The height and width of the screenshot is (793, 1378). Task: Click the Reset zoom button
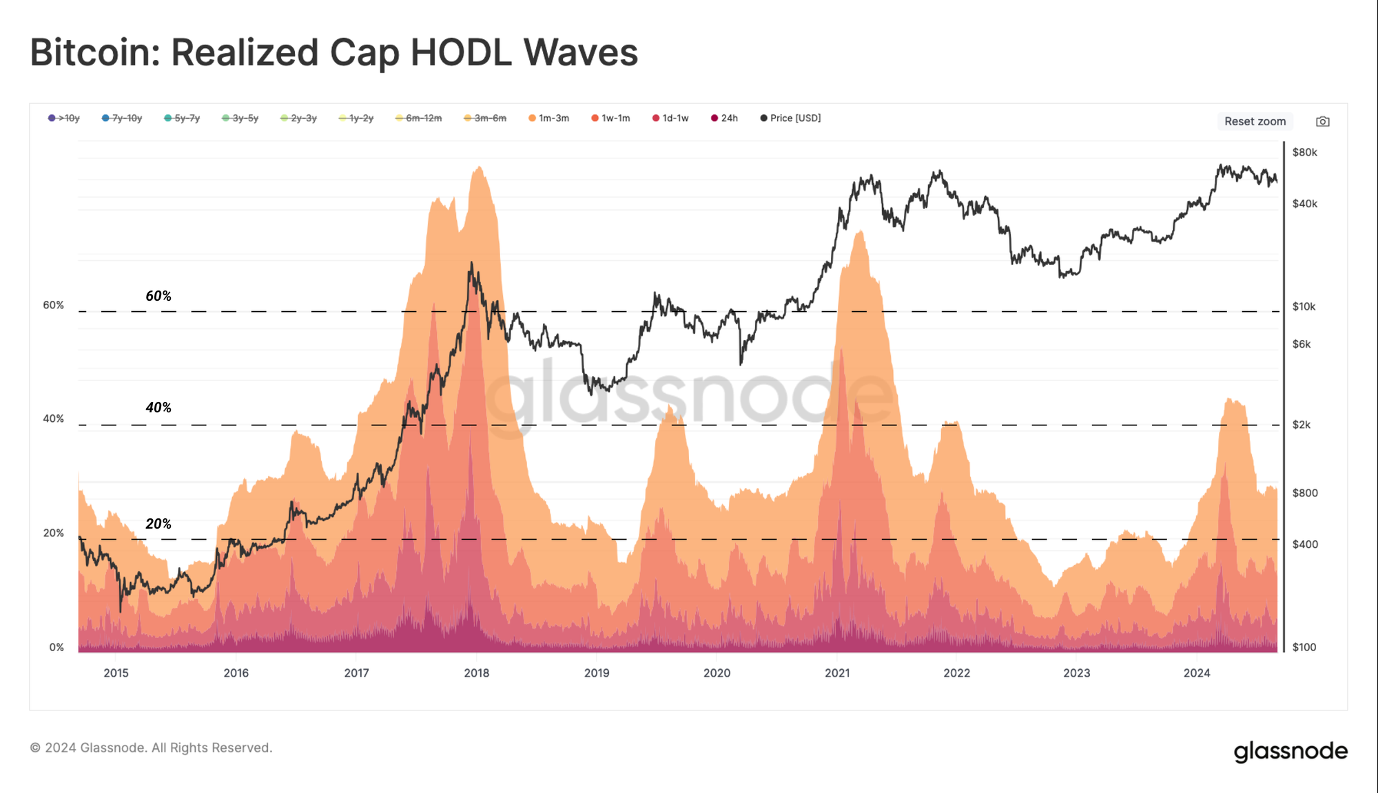pyautogui.click(x=1255, y=121)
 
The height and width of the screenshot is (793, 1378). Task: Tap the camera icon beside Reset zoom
pyautogui.click(x=1322, y=122)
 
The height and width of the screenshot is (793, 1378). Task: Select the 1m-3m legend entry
pyautogui.click(x=549, y=118)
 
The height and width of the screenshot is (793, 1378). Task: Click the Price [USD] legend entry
pyautogui.click(x=790, y=118)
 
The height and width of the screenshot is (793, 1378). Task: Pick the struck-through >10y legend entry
pyautogui.click(x=64, y=118)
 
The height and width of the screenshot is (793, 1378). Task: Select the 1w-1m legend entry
pyautogui.click(x=610, y=118)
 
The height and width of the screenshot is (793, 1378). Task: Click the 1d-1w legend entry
pyautogui.click(x=670, y=118)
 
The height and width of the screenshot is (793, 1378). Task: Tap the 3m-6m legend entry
pyautogui.click(x=485, y=118)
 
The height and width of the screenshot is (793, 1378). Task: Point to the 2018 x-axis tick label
pyautogui.click(x=476, y=673)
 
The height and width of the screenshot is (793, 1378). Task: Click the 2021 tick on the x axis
pyautogui.click(x=837, y=673)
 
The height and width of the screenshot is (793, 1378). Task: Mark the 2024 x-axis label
pyautogui.click(x=1197, y=673)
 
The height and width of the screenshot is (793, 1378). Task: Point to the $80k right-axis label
pyautogui.click(x=1304, y=152)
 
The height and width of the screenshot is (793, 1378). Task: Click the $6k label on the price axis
pyautogui.click(x=1302, y=344)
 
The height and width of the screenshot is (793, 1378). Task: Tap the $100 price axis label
pyautogui.click(x=1304, y=647)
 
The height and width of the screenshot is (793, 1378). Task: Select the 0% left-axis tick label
pyautogui.click(x=56, y=647)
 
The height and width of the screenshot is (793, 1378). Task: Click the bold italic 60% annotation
pyautogui.click(x=158, y=296)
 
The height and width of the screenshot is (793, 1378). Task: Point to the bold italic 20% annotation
pyautogui.click(x=158, y=524)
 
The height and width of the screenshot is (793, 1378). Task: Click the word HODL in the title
pyautogui.click(x=461, y=52)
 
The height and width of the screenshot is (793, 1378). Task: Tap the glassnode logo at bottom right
pyautogui.click(x=1290, y=751)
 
